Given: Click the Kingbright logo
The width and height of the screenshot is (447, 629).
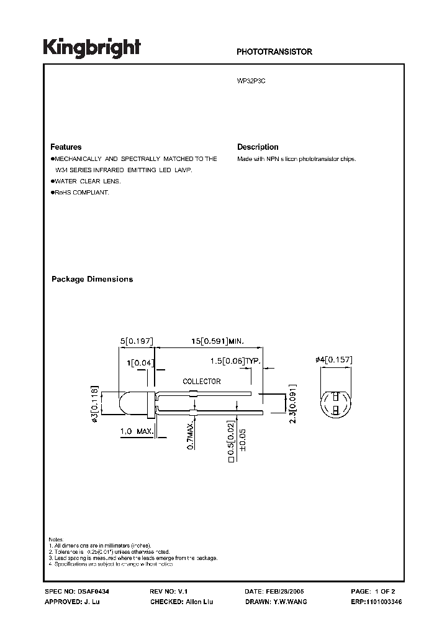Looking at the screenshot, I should click(92, 48).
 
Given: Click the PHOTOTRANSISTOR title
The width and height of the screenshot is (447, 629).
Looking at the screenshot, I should click(274, 52).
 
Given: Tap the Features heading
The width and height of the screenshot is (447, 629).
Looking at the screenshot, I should click(66, 147).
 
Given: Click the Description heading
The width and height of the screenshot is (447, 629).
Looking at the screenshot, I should click(258, 147).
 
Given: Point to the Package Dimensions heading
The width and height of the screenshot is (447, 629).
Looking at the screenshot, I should click(92, 279).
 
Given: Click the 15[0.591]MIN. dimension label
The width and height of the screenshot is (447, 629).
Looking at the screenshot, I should click(217, 341).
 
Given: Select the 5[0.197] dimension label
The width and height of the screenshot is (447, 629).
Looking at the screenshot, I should click(136, 341).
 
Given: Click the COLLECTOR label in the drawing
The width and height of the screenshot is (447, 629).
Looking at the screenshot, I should click(201, 382).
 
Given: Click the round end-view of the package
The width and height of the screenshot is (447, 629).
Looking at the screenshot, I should click(336, 403).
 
